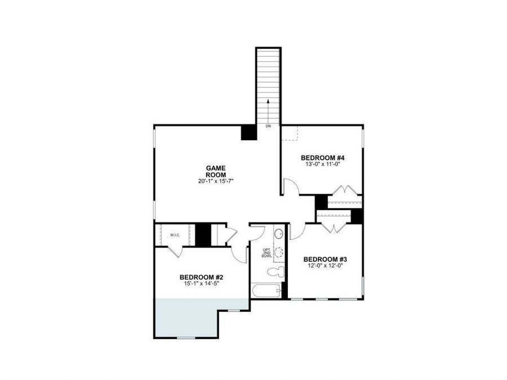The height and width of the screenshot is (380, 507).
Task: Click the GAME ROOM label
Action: (215, 171)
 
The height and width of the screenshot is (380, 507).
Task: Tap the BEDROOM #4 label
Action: (322, 158)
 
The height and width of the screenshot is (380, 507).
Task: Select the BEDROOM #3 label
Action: (324, 260)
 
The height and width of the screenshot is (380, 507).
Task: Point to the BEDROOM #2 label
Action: (202, 277)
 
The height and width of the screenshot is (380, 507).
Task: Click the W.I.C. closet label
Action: (175, 235)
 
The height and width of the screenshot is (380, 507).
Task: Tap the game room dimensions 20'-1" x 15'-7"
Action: (215, 181)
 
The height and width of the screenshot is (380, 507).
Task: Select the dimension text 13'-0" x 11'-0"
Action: (322, 164)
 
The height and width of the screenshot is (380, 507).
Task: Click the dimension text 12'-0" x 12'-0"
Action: (324, 266)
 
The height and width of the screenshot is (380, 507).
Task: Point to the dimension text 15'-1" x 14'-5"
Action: (202, 284)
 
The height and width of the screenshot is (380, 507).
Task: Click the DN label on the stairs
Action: (268, 127)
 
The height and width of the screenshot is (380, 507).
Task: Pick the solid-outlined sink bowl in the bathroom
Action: (278, 234)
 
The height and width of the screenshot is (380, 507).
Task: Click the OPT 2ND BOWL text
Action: (267, 253)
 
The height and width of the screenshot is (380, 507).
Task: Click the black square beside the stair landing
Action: (248, 132)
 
